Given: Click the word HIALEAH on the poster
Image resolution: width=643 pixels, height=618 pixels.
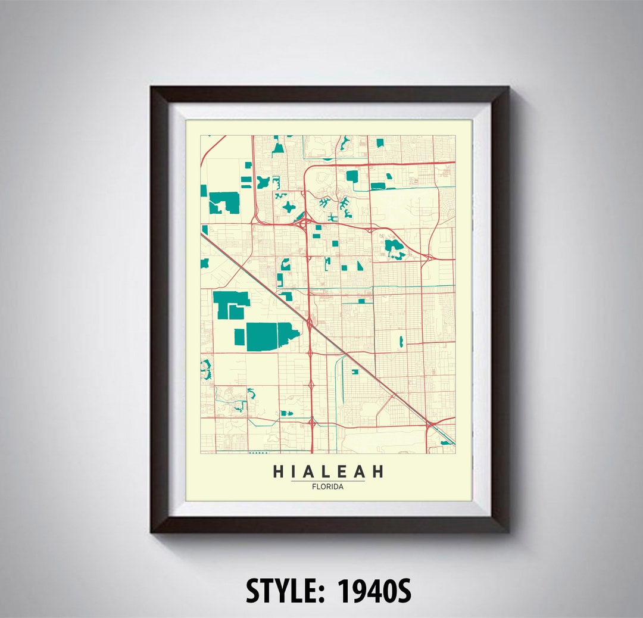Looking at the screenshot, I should click(328, 472).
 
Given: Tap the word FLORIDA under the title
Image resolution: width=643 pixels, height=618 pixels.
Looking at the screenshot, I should click(328, 486).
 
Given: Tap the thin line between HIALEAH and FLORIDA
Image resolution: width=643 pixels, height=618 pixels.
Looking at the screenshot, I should click(328, 480).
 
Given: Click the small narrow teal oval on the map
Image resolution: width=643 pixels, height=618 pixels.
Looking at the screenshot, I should click(401, 341).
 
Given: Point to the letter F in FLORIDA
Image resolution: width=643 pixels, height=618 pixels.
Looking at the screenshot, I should click(314, 486).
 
